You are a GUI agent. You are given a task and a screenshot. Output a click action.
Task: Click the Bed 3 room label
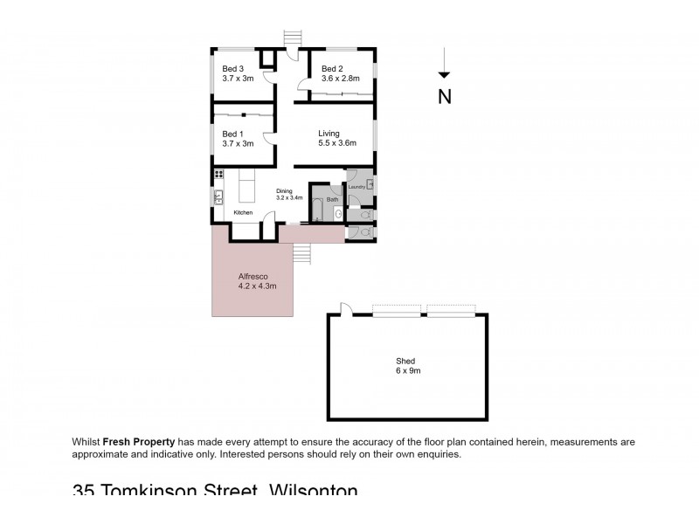[232, 68]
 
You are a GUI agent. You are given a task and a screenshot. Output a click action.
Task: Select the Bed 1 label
[232, 134]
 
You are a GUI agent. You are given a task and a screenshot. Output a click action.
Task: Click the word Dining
[285, 191]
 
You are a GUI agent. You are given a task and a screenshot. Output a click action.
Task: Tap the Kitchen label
[243, 213]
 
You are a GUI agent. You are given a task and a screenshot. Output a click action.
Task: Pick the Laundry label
[356, 187]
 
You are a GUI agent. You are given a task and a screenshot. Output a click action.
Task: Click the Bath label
[332, 199]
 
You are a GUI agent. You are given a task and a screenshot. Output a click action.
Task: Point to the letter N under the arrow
[445, 96]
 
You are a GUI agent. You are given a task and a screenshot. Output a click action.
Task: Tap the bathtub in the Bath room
[319, 210]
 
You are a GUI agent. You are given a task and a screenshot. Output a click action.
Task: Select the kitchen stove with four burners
[218, 175]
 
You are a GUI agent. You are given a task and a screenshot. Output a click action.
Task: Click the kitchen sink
[218, 197]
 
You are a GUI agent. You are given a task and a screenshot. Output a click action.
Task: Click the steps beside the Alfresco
[301, 252]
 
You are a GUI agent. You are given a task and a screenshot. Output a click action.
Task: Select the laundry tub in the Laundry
[370, 184]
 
